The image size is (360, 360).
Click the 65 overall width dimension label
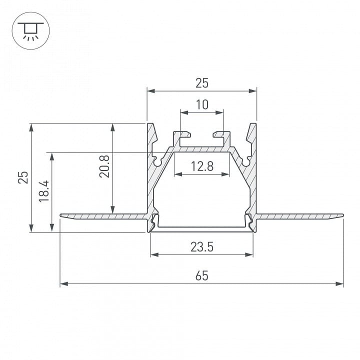tap(202, 275)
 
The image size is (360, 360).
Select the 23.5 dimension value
tap(202, 247)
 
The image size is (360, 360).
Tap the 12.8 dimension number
tap(202, 166)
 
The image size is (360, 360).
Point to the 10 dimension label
tap(202, 104)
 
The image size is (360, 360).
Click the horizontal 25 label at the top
tap(202, 83)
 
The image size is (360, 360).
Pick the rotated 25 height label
tap(23, 177)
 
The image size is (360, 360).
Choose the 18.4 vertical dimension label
tap(44, 191)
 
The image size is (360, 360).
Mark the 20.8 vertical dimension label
tap(104, 166)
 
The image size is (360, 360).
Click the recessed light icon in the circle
tap(31, 31)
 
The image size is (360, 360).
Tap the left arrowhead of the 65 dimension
tap(64, 284)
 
